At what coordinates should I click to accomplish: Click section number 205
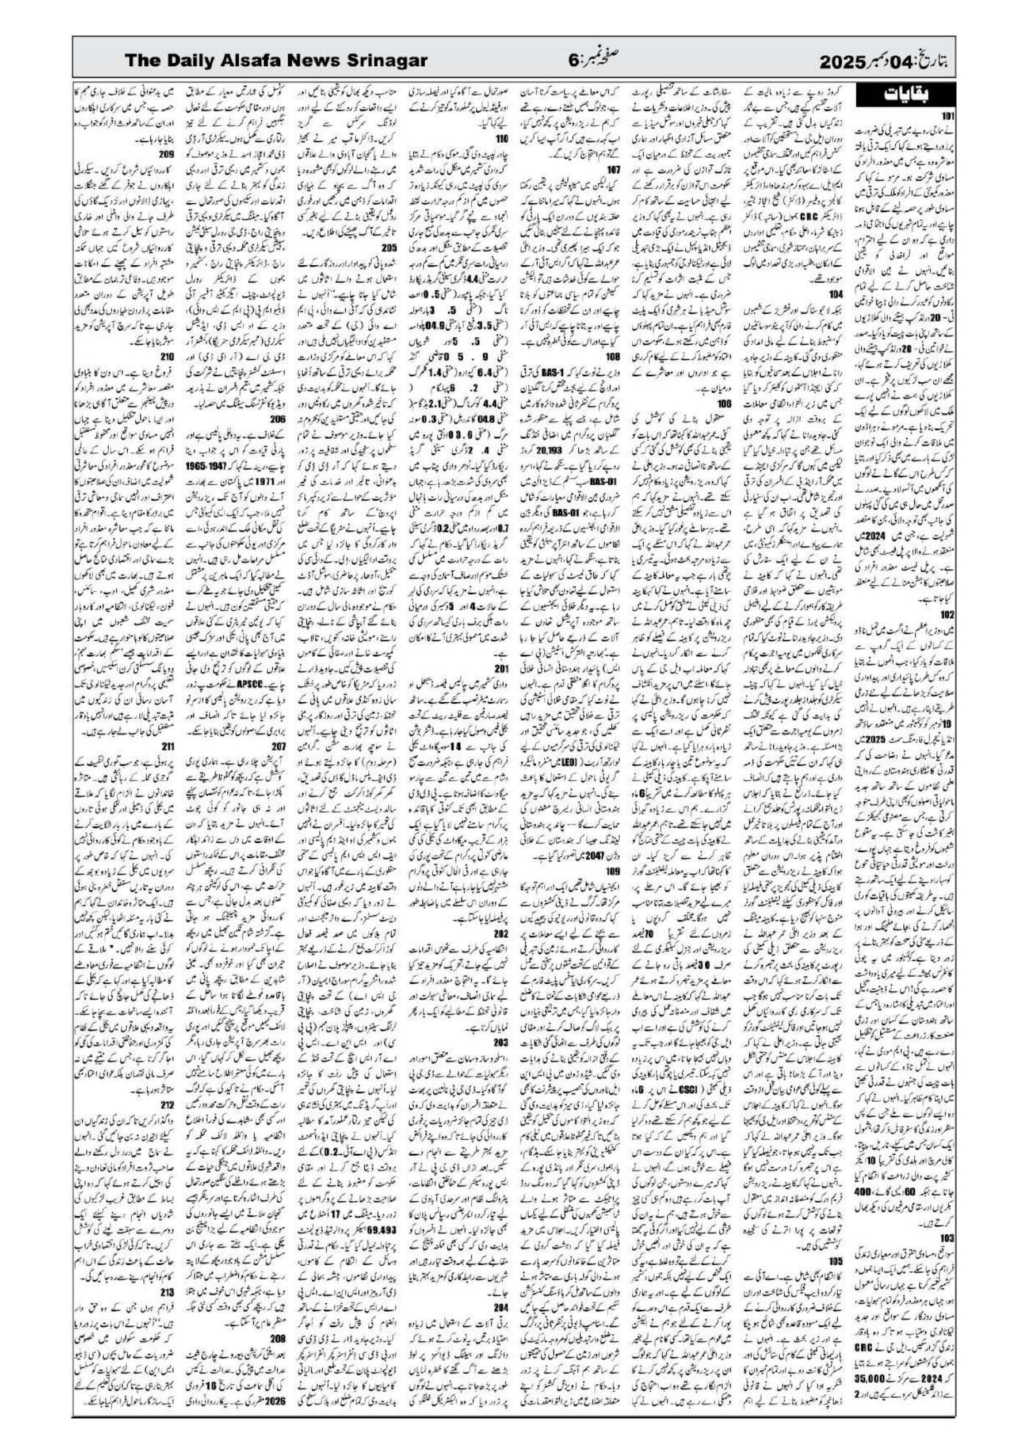point(391,265)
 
